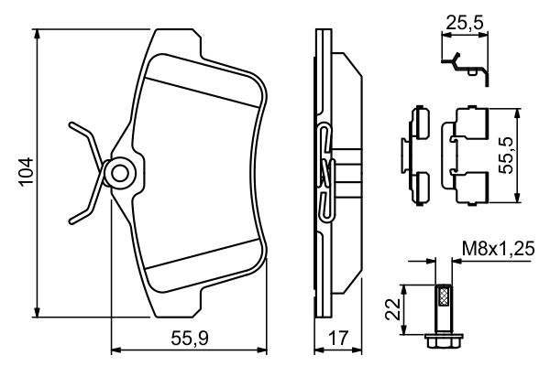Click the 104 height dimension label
click(x=25, y=171)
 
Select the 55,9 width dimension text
click(x=190, y=338)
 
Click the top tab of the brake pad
click(x=175, y=39)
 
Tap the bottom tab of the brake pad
click(x=175, y=303)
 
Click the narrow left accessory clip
click(x=417, y=151)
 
